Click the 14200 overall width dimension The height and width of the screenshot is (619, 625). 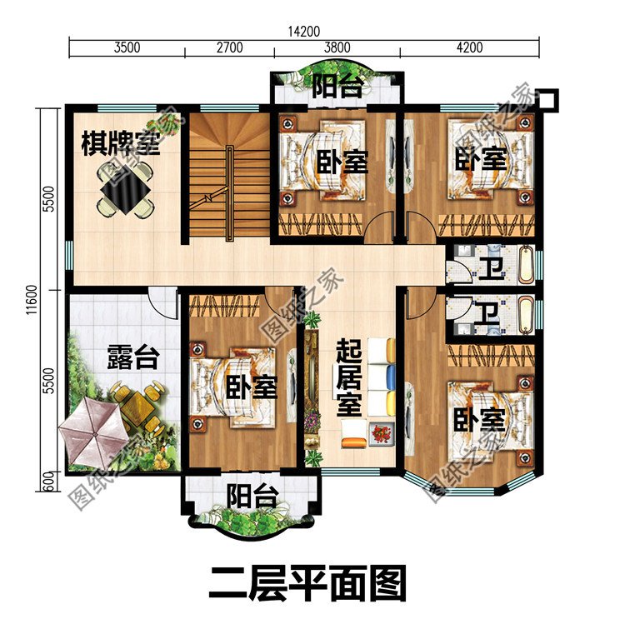coord(303,32)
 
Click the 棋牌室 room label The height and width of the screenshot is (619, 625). coord(120,144)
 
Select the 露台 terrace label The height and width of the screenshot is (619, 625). coord(132,359)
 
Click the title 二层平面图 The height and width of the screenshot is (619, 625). coord(307,581)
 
